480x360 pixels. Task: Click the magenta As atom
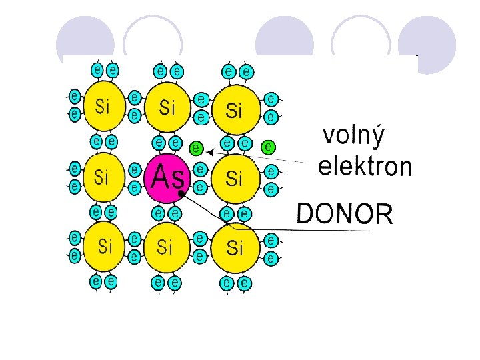[x=167, y=178]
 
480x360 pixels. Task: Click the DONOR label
[x=344, y=213]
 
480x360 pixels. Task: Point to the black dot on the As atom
[x=181, y=194]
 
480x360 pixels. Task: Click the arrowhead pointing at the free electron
[x=209, y=149]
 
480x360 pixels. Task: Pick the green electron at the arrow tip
[x=196, y=147]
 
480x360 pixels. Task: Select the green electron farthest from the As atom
[x=268, y=145]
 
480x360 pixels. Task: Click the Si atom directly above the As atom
[x=167, y=107]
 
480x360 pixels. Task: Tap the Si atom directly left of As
[x=102, y=178]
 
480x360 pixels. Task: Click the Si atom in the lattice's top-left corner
[x=102, y=107]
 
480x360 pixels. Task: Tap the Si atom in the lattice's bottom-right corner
[x=235, y=247]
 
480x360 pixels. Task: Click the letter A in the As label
[x=160, y=178]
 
